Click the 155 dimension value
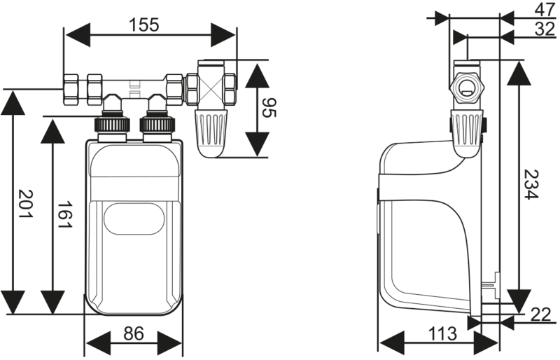coord(143,25)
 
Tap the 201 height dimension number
coord(25,204)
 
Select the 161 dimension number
coord(65,214)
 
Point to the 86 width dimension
coord(134,333)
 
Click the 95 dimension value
coord(269,108)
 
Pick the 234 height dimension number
coord(531,184)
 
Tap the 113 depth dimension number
coord(442,334)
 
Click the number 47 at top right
coord(545,10)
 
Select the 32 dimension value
coord(545,29)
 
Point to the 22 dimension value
coord(540,315)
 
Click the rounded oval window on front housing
coord(134,219)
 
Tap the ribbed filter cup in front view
coord(211,133)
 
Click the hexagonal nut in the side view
coord(466,88)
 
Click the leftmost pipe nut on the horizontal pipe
coord(71,90)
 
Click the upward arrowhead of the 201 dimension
coord(13,102)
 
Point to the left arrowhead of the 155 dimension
coord(78,35)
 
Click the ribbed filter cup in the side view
coord(466,133)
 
